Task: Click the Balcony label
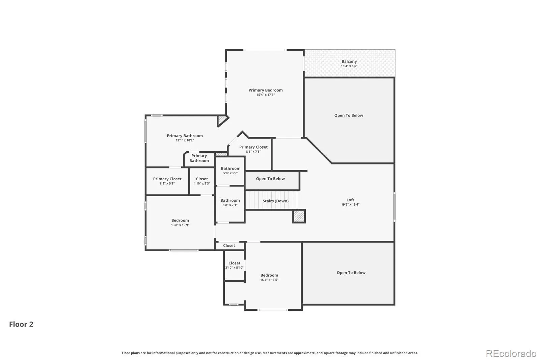[349, 61]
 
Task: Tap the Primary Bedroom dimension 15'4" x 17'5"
[265, 95]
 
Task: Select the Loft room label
[350, 200]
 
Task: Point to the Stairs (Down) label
[275, 201]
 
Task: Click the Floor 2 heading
[21, 324]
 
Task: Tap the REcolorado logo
[511, 354]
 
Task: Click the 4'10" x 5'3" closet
[202, 181]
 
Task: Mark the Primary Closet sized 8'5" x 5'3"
[167, 181]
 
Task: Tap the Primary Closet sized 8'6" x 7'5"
[253, 149]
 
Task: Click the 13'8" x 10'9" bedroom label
[180, 223]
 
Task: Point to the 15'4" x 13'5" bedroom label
[269, 277]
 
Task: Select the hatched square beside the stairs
[299, 216]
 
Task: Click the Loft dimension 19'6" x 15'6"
[350, 205]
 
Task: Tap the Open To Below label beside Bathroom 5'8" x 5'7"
[270, 179]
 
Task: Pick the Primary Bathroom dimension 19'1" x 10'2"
[185, 140]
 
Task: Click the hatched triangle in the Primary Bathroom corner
[221, 120]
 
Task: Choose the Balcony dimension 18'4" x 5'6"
[349, 66]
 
